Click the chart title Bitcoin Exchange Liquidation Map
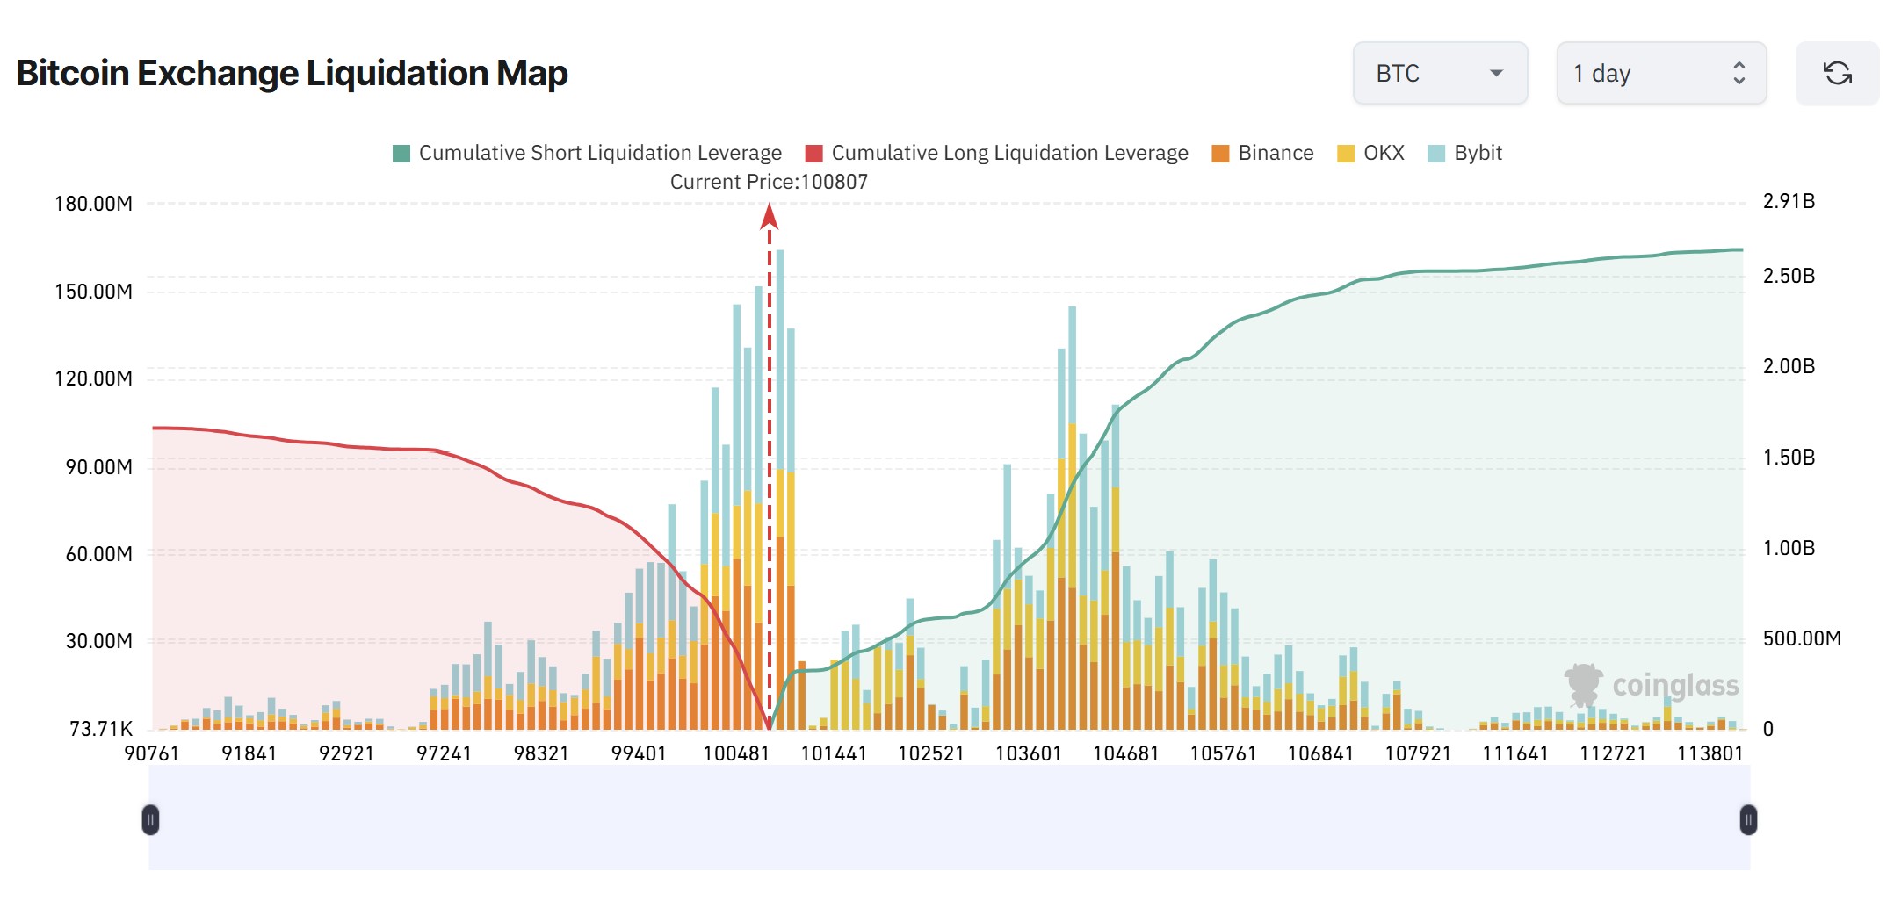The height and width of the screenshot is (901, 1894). [292, 73]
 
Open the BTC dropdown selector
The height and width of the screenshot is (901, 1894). [1439, 73]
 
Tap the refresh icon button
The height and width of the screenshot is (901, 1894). [1837, 73]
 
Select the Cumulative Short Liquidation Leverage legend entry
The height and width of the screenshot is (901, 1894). [587, 153]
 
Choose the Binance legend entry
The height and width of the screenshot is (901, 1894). [1262, 153]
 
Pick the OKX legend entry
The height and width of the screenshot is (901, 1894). [1370, 153]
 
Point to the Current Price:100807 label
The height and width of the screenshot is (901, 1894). [769, 182]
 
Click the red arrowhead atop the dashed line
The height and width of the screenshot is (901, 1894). [770, 216]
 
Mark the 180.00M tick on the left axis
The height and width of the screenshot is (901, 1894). [93, 204]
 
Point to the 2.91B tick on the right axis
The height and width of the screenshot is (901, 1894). [1789, 201]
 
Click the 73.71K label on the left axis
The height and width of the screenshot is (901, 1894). [100, 729]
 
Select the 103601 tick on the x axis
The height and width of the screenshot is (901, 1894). [1028, 753]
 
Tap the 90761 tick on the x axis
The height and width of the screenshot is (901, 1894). [151, 753]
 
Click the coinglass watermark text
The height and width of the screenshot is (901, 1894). [1675, 686]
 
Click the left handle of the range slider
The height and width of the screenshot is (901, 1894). [150, 820]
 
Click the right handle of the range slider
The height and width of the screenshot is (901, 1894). [1748, 820]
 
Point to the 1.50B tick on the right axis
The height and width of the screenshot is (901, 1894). [1789, 458]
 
